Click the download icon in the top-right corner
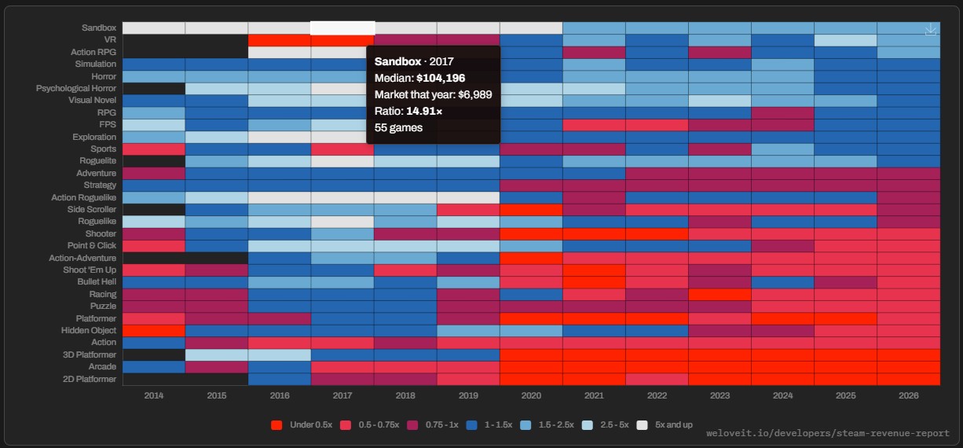coord(930,29)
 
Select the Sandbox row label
coord(99,28)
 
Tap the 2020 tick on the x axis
coord(531,395)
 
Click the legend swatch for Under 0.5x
coord(276,425)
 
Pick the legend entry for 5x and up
coord(665,425)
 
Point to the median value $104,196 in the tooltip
coord(441,78)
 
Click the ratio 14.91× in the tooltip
coord(424,111)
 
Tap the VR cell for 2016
coord(280,40)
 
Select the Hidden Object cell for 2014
coord(154,331)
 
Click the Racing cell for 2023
coord(720,295)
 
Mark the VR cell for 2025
coord(845,40)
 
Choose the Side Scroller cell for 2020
coord(531,210)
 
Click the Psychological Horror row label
coord(76,88)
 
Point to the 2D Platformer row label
coord(90,379)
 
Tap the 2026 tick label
coord(908,395)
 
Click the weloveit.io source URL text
coord(828,433)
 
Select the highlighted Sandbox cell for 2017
coord(342,28)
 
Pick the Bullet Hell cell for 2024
coord(782,282)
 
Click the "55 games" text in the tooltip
coord(398,128)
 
